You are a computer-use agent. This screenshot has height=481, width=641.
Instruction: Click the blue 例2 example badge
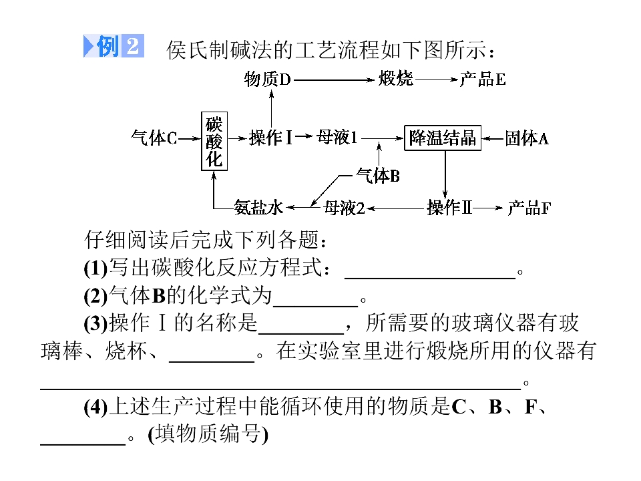click(x=114, y=46)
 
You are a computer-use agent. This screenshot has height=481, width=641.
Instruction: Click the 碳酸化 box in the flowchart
click(x=214, y=141)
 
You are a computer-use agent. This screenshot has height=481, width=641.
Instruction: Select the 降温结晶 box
click(x=442, y=138)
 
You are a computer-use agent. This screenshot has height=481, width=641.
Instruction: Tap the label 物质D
click(x=267, y=79)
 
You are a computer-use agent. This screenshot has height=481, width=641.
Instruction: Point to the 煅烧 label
click(x=396, y=79)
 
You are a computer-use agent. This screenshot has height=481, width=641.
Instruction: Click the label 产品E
click(x=483, y=79)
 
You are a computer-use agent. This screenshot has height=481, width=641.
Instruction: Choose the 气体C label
click(x=154, y=138)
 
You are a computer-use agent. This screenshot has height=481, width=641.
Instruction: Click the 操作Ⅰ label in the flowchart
click(x=271, y=138)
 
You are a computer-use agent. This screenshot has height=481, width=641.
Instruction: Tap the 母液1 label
click(x=337, y=138)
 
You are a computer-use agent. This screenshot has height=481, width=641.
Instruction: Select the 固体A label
click(x=527, y=138)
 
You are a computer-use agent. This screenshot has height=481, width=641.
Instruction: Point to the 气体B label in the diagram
click(x=378, y=176)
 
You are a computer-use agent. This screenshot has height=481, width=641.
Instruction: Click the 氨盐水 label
click(x=258, y=207)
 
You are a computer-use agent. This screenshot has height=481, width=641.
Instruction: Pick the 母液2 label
click(x=344, y=208)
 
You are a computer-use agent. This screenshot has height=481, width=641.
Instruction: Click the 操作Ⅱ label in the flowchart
click(x=449, y=207)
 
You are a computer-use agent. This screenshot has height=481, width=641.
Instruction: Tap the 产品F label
click(x=529, y=208)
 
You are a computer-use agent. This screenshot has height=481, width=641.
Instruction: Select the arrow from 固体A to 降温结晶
click(x=493, y=139)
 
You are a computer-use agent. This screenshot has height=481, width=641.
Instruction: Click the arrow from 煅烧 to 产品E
click(x=436, y=79)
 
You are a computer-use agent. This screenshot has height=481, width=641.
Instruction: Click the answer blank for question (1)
click(x=430, y=278)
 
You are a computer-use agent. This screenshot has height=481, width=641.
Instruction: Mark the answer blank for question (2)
click(x=315, y=305)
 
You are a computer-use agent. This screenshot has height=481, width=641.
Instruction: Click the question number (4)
click(x=95, y=407)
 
